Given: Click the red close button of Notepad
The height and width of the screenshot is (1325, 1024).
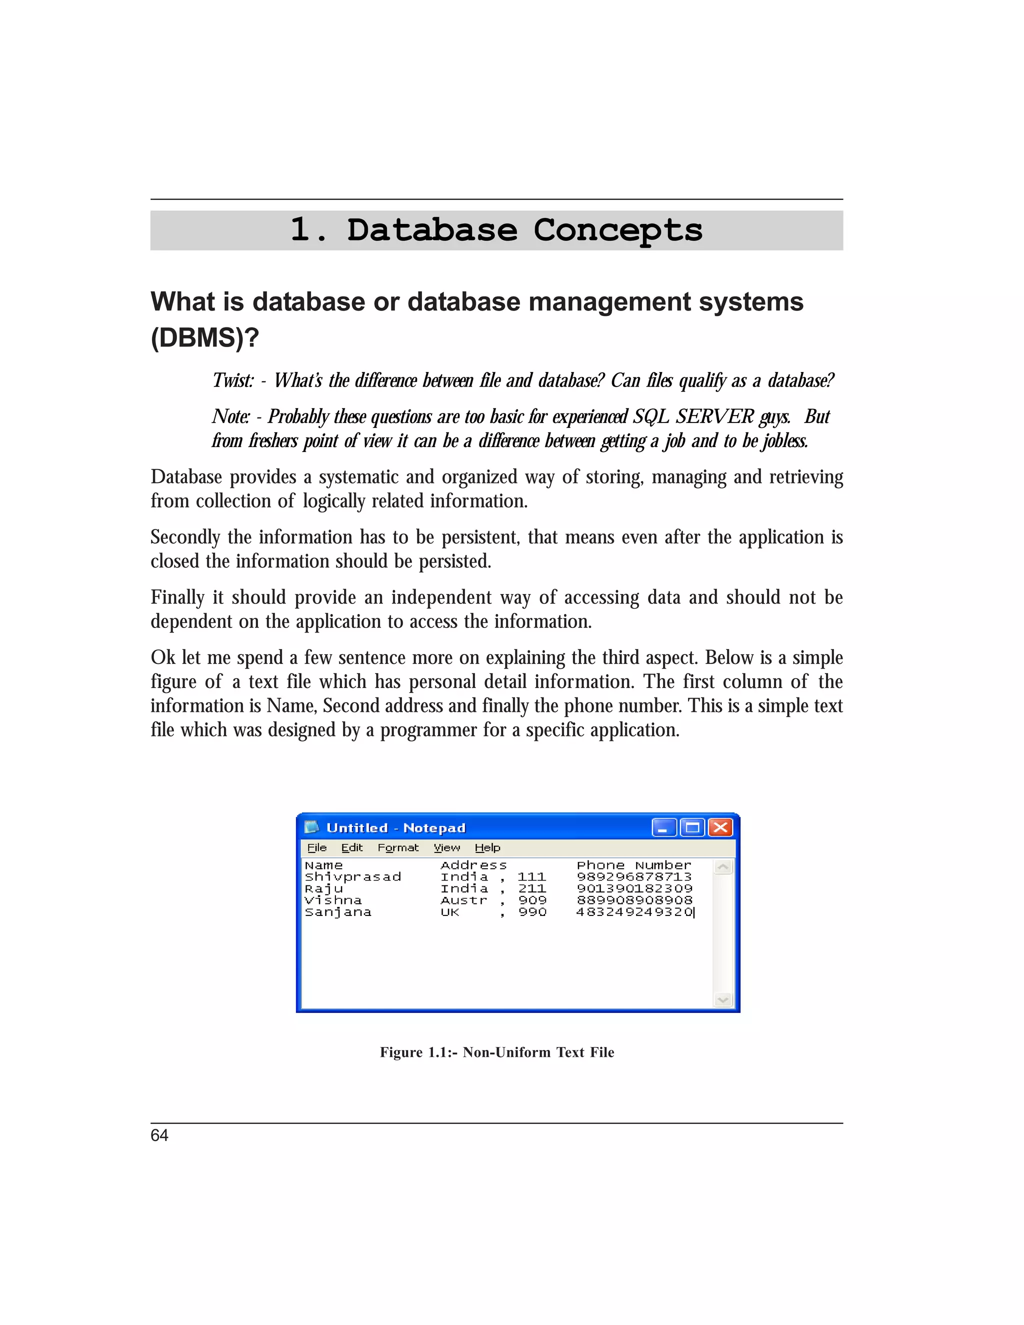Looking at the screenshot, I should click(720, 827).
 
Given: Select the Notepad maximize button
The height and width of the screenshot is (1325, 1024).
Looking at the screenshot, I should click(692, 827).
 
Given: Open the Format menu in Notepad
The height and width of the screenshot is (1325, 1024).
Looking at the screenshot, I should click(398, 847).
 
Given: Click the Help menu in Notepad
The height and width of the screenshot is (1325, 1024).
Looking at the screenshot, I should click(487, 847).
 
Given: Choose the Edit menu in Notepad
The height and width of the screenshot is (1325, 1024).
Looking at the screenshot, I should click(352, 847).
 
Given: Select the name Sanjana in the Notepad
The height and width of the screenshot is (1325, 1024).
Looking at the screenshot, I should click(338, 912).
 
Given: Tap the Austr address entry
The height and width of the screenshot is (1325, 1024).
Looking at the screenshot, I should click(463, 901).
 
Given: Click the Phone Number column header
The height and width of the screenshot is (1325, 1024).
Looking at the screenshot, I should click(633, 865).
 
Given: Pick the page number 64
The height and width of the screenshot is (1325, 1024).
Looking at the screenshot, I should click(159, 1135).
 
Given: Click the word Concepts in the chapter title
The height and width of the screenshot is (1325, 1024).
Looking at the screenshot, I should click(617, 230).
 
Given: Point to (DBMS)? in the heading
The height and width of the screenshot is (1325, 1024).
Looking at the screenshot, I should click(204, 337).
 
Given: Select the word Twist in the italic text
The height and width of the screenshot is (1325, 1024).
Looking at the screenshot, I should click(233, 380).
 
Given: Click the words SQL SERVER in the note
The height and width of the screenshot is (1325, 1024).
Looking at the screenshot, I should click(693, 417).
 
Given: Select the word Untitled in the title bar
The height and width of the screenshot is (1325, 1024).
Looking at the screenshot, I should click(356, 828).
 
